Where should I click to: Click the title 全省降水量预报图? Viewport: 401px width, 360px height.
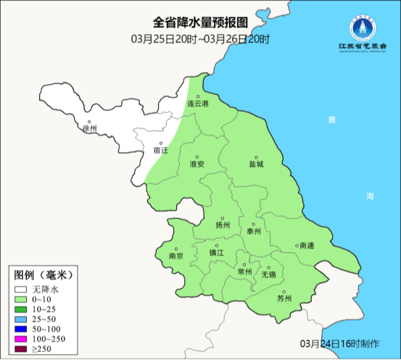coord(200,22)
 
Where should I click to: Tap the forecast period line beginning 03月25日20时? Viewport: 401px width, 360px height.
coord(200,38)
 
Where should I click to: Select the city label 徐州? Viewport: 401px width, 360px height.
coord(90,129)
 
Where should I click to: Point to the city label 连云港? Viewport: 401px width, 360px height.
coord(198,104)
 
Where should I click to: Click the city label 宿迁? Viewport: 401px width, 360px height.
coord(160,151)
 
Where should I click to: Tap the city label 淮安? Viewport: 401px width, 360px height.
coord(197,164)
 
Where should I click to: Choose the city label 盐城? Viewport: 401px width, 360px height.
coord(257,164)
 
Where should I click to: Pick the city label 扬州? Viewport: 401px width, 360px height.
coord(223,225)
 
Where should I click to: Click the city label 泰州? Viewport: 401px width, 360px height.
coord(253,231)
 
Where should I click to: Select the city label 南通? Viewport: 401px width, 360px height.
coord(307,246)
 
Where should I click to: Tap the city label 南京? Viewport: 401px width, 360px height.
coord(175,256)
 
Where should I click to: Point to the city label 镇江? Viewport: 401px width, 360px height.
coord(217,253)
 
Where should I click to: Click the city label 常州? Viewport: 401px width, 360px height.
coord(245,272)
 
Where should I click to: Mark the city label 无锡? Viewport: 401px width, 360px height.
coord(268,275)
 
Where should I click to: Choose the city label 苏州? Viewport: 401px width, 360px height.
coord(284,298)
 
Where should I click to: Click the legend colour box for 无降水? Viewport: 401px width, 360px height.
coord(21,288)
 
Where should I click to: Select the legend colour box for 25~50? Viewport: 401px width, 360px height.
coord(21,319)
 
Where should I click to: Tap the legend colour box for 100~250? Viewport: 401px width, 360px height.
coord(21,339)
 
